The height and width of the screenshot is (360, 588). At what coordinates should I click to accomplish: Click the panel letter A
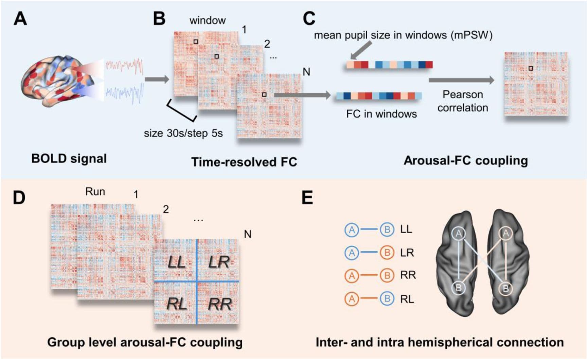coord(20,19)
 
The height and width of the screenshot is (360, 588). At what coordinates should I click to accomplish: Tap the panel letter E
coord(307,197)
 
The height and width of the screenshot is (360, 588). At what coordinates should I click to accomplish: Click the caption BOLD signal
coord(69,159)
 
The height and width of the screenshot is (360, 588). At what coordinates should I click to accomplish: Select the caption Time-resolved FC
coord(244,162)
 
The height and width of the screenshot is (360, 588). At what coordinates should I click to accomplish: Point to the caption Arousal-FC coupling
coord(465,160)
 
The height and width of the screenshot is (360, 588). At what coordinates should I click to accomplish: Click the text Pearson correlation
coord(462,101)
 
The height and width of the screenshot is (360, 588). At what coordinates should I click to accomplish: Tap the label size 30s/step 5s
coord(183,133)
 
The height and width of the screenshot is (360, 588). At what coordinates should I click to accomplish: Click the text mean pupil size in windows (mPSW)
coord(403,35)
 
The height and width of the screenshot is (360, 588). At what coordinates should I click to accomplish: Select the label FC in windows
coord(381,114)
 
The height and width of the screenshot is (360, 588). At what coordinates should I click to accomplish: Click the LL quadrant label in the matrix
coord(176,262)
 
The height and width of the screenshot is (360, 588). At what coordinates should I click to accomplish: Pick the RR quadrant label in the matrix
coord(219,304)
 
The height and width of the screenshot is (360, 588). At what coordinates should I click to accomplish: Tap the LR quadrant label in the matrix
coord(219,262)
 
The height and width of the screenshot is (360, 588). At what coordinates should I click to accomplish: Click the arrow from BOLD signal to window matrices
coord(157,80)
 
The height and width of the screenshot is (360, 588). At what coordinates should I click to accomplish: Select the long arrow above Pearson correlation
coord(461,80)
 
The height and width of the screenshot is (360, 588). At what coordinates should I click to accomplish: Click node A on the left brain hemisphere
coord(459,233)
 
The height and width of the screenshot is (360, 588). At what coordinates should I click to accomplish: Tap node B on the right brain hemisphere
coord(505,289)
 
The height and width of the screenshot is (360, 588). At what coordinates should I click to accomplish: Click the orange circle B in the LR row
coord(387,253)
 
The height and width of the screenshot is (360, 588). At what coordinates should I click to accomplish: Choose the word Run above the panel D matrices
coord(95,192)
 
